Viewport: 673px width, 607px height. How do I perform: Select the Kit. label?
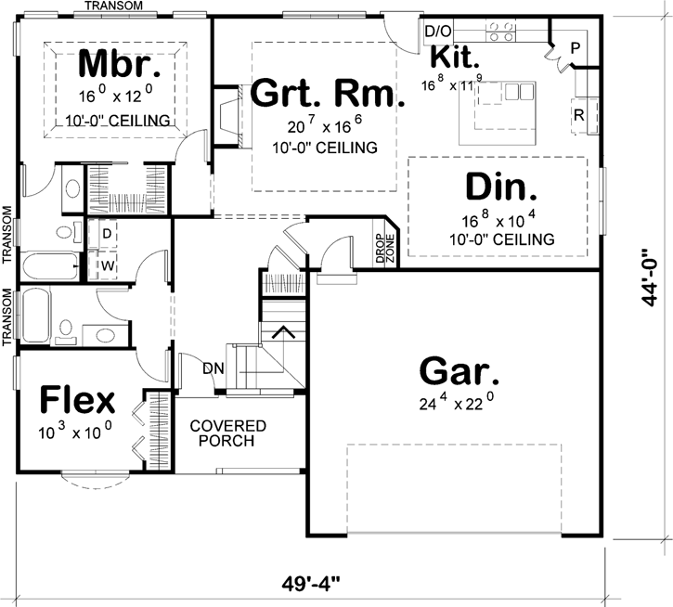(455, 58)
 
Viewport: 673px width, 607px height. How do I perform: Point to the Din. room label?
(500, 188)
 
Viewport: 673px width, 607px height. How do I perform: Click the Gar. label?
(459, 371)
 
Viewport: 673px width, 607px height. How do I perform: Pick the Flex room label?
(77, 401)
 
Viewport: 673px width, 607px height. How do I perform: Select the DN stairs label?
(214, 368)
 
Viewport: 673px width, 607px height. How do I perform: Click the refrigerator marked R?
(578, 116)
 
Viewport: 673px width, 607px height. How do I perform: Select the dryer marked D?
(107, 232)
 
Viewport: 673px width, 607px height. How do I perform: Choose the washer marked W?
(107, 265)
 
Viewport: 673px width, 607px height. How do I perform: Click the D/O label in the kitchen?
(436, 31)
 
